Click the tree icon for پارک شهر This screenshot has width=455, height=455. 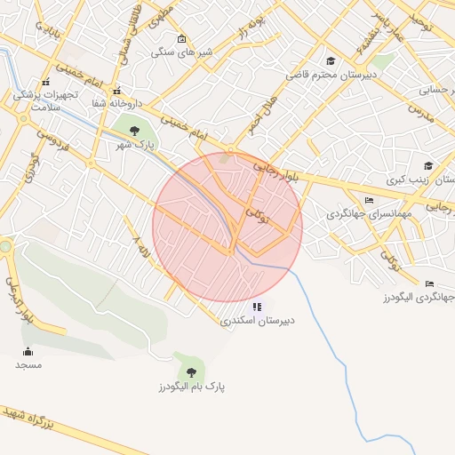coord(134,131)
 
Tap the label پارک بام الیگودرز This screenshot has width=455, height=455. coord(192,387)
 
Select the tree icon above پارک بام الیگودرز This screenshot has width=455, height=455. coord(190,372)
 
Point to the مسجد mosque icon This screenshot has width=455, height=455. coord(28,351)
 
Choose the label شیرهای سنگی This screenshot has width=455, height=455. coord(174,52)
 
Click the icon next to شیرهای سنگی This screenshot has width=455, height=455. coord(182,38)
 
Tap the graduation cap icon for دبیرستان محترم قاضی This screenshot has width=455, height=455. coord(331,61)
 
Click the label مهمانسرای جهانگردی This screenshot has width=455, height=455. coord(365,214)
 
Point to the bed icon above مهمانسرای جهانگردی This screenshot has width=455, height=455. coord(370,200)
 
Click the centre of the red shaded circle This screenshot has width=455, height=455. coord(227,227)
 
